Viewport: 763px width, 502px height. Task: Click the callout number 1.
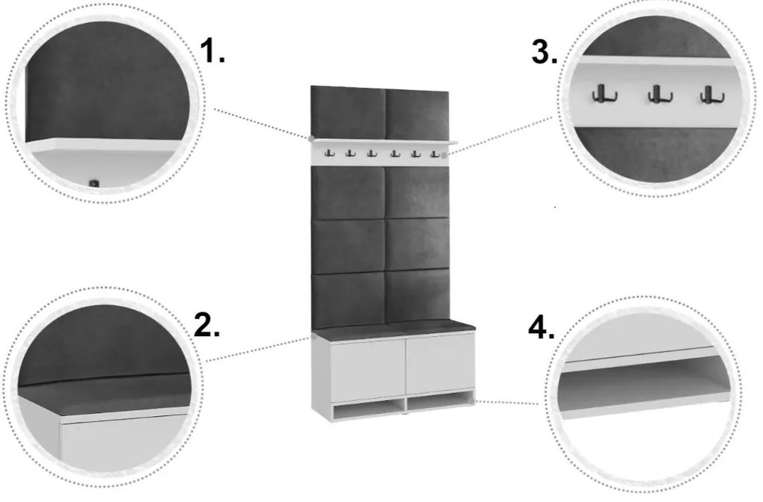pos(212,51)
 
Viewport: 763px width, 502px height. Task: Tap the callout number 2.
pos(206,324)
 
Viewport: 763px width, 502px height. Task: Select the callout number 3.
pos(545,52)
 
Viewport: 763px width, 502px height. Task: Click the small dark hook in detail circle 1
pos(94,183)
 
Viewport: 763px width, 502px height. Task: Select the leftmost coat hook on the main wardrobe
pos(329,154)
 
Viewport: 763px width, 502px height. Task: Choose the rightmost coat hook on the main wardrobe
pos(435,154)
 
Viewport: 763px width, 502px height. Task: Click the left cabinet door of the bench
pos(368,370)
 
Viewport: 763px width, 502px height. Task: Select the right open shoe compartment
pos(439,401)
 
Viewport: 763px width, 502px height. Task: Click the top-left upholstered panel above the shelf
pos(349,113)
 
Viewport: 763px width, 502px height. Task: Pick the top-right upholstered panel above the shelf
pos(417,116)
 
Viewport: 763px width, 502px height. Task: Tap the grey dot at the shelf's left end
pos(311,139)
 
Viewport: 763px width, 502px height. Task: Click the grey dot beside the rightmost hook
pos(444,155)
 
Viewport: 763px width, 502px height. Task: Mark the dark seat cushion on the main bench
pos(394,329)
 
